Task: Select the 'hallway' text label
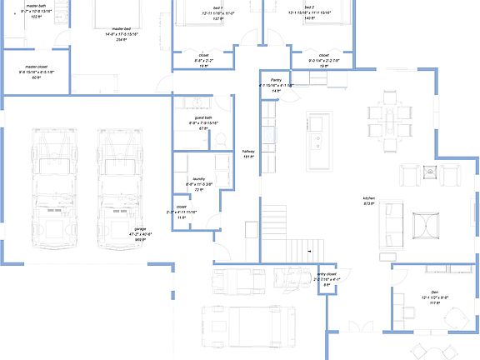point(247,152)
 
